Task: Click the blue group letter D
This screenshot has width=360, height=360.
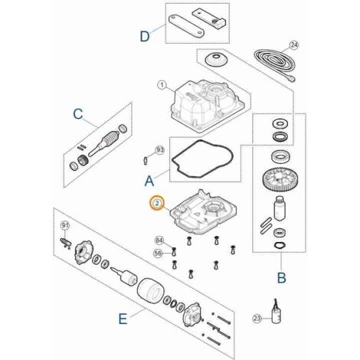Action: pos(145,36)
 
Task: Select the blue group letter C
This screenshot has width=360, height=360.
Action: pos(78,113)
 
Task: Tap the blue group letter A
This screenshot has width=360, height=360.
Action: pos(149,181)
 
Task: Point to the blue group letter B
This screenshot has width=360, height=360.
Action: pos(281,277)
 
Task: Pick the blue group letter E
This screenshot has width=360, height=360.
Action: pos(123,319)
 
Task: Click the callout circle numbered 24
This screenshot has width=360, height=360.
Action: pos(294,45)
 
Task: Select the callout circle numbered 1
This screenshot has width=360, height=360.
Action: pos(162,85)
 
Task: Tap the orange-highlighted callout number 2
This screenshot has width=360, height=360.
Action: pos(157,204)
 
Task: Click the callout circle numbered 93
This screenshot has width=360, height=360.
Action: pos(160,150)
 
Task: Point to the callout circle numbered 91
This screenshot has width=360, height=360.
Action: pos(65,225)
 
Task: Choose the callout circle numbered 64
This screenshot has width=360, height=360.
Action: pos(159,241)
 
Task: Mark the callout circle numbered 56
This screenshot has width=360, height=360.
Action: pos(159,254)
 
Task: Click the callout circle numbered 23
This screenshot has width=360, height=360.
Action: pos(257,319)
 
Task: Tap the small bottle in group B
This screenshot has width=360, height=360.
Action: pos(280,208)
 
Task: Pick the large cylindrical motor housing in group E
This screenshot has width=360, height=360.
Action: pos(151,291)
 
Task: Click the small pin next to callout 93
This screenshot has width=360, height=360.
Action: pos(146,161)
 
